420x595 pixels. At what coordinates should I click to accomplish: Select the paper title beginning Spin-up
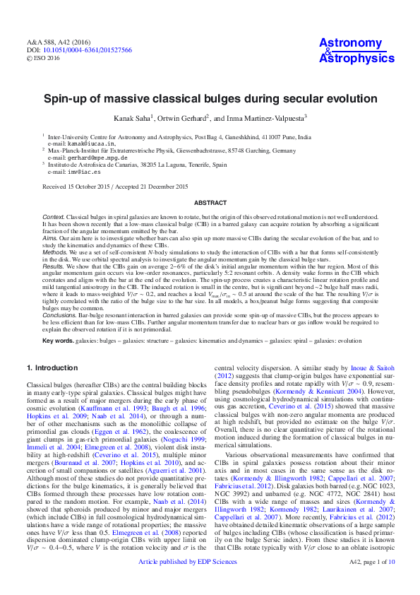[x=210, y=99]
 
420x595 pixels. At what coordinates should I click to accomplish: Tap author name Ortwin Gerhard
[x=182, y=118]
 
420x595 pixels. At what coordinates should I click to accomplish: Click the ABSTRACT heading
[x=210, y=202]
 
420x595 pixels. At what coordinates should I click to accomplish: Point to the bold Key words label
[x=58, y=340]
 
